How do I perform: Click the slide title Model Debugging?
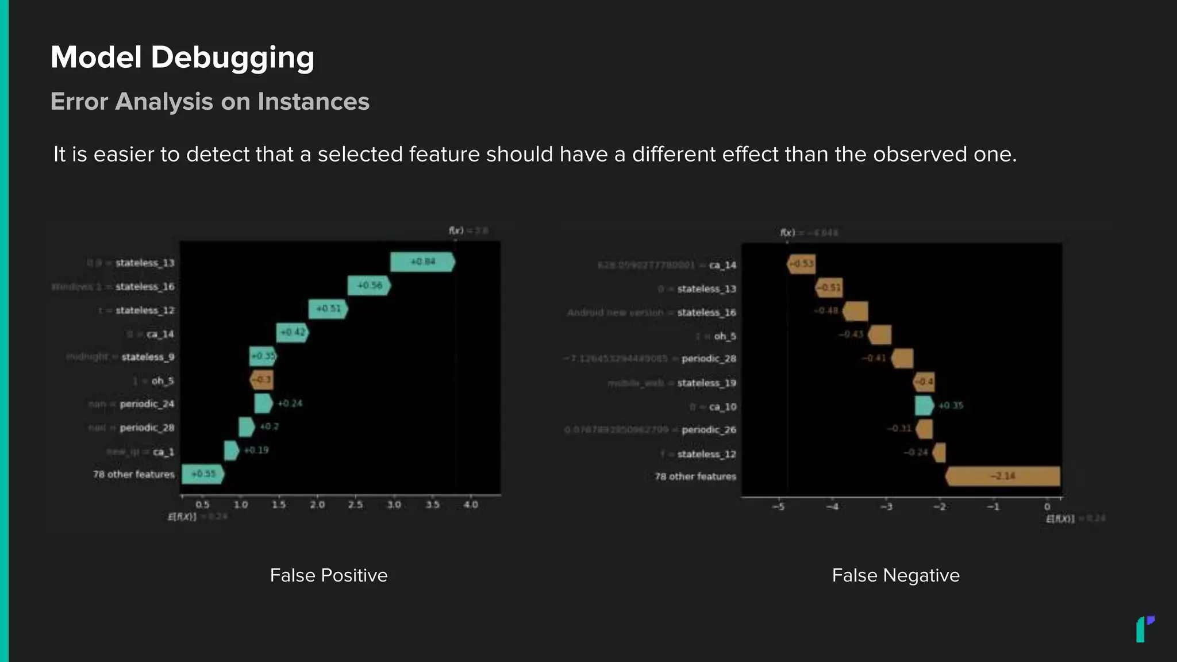point(182,57)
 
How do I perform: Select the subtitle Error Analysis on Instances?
point(210,102)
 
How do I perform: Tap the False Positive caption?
point(329,575)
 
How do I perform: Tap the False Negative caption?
point(895,575)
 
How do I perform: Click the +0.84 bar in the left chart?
point(422,262)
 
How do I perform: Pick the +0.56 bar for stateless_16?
point(369,286)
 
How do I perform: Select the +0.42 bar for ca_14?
point(293,333)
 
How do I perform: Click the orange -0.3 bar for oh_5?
point(262,380)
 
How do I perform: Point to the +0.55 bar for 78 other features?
point(203,474)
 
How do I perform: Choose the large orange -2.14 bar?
point(1003,476)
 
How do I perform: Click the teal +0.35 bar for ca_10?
point(924,406)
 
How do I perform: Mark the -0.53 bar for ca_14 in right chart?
point(801,264)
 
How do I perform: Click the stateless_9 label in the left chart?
point(148,357)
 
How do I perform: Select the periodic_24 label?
point(147,404)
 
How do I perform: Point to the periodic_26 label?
point(709,430)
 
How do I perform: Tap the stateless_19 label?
point(706,383)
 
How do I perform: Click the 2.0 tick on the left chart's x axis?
point(317,505)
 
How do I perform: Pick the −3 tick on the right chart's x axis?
point(886,507)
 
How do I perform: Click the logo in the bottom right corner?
point(1145,629)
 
